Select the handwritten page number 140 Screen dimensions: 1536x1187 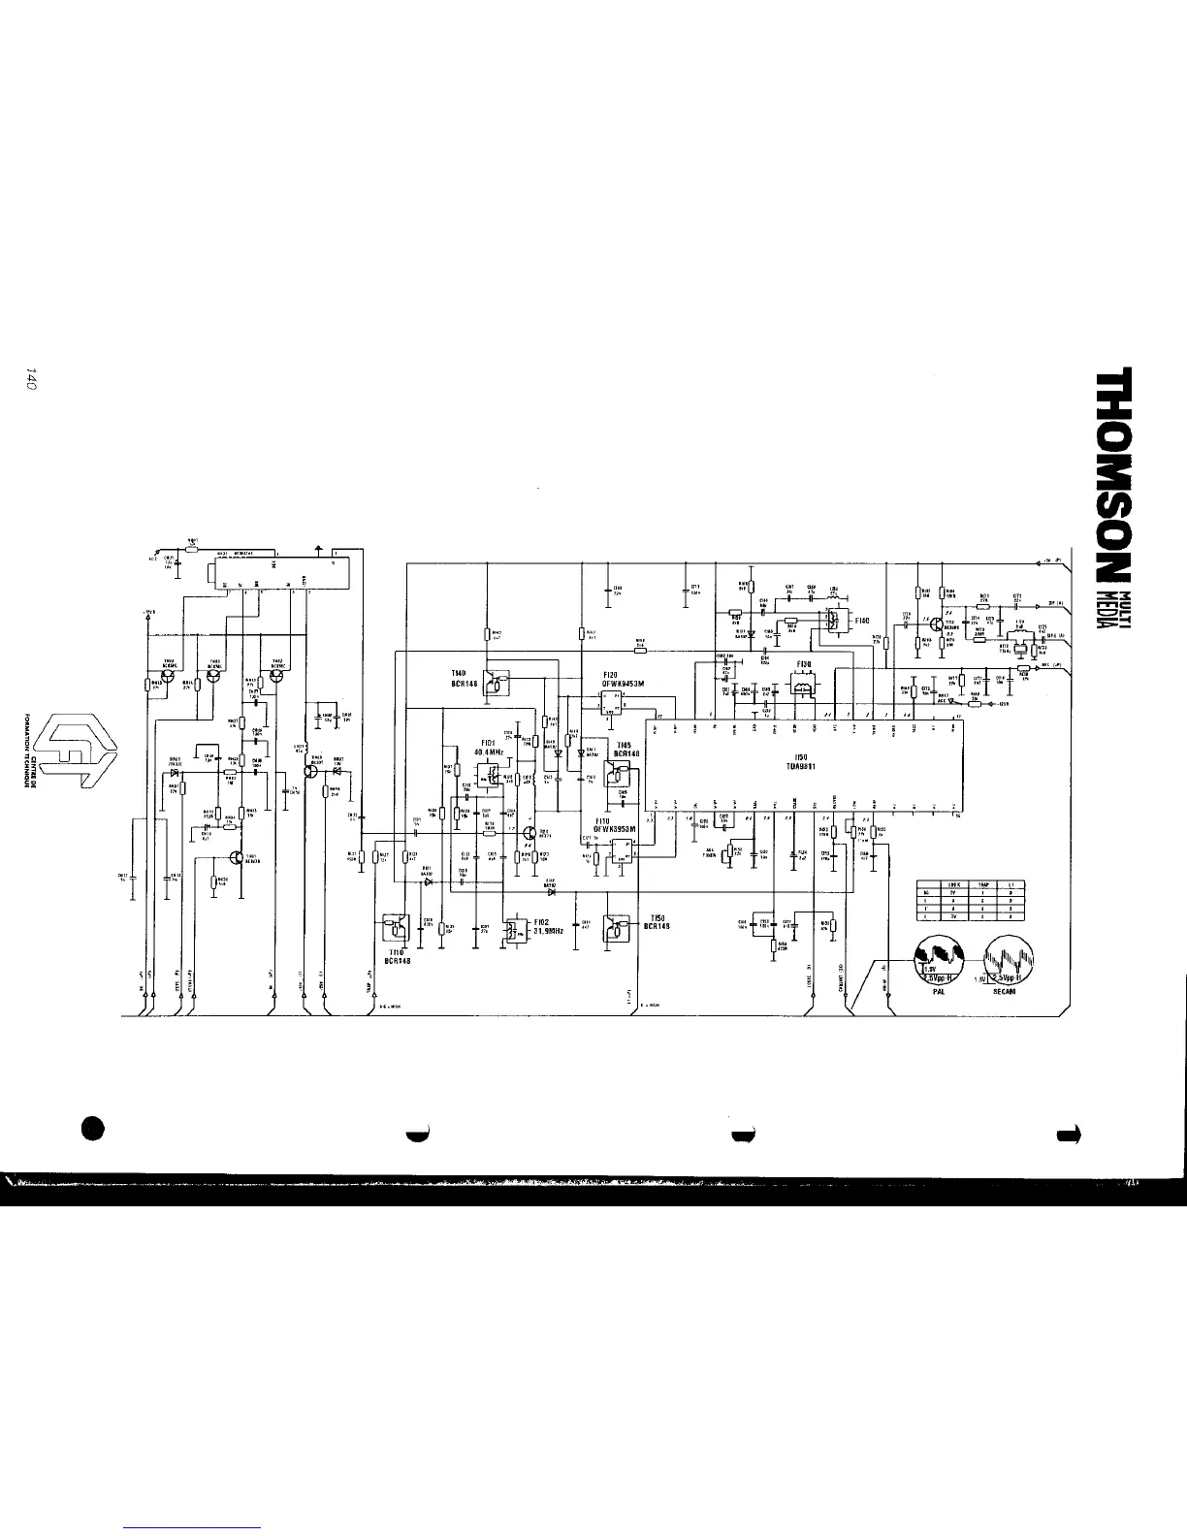click(x=32, y=380)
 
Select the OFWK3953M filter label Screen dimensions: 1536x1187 click(x=614, y=830)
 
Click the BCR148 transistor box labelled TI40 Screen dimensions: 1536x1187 click(x=496, y=684)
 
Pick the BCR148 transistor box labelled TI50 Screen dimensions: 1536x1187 click(x=616, y=929)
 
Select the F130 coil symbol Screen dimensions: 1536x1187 click(x=803, y=686)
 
